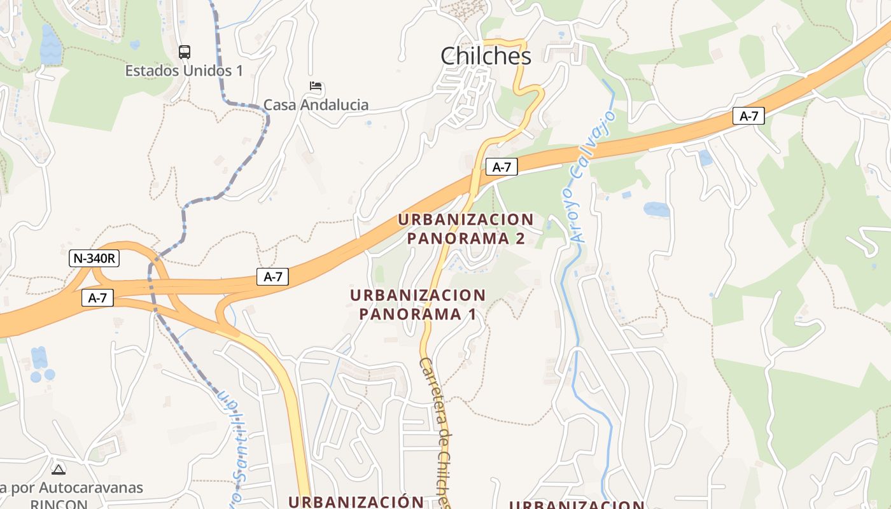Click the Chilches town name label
[x=486, y=56]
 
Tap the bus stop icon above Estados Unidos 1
[x=184, y=52]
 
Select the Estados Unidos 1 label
[x=184, y=71]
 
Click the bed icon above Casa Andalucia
[x=316, y=86]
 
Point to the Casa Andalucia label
[x=316, y=105]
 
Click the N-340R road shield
[x=94, y=258]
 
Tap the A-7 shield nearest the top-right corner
[x=748, y=116]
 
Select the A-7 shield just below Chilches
[x=502, y=167]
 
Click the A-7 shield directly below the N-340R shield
[x=97, y=297]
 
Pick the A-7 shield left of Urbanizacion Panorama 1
[x=272, y=276]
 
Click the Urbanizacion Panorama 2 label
[x=466, y=229]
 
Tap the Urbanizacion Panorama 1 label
[x=417, y=305]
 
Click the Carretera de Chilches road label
[x=436, y=433]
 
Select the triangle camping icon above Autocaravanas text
[x=59, y=470]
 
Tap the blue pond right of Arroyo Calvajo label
[x=656, y=209]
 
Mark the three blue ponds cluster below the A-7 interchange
[x=41, y=365]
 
